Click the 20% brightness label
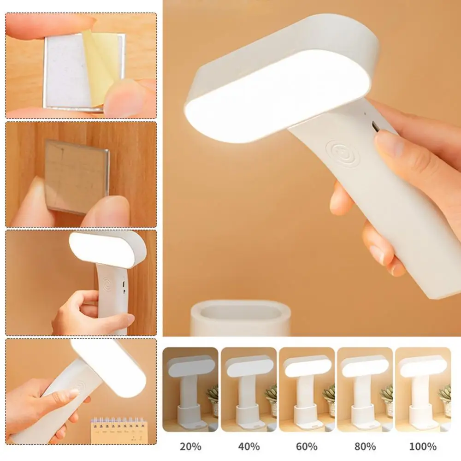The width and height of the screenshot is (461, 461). (x=190, y=447)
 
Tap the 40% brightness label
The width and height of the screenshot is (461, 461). (x=249, y=447)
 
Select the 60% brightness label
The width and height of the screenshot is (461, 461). (x=307, y=447)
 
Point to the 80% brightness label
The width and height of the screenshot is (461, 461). (x=365, y=447)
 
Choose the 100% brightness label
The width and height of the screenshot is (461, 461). (x=423, y=447)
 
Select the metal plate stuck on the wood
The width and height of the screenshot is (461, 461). (x=77, y=177)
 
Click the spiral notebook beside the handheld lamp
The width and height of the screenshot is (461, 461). (x=117, y=429)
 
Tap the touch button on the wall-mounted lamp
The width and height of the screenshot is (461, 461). (x=108, y=284)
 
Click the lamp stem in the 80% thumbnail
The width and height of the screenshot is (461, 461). (x=364, y=391)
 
